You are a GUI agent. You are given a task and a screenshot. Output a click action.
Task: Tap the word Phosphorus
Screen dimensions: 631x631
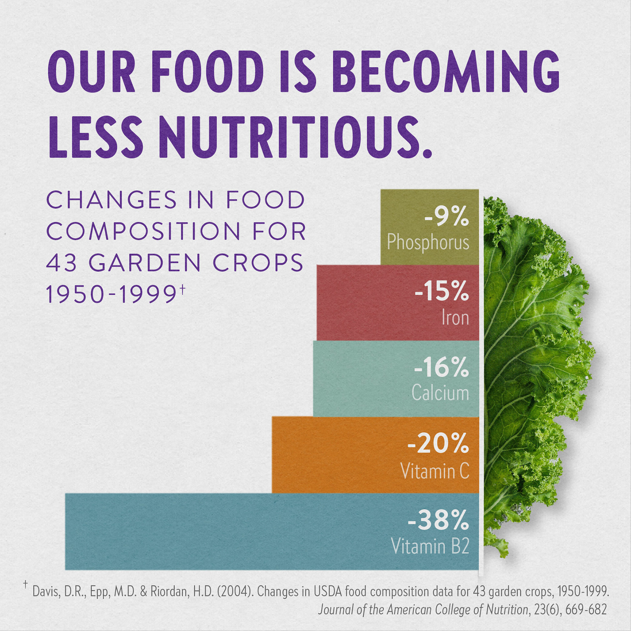coord(428,243)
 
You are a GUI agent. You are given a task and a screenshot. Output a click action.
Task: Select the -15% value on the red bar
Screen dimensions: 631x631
coord(441,292)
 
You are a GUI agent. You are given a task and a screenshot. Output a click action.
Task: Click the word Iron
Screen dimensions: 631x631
coord(455,318)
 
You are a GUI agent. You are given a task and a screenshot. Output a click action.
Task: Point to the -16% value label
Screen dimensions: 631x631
coord(441,367)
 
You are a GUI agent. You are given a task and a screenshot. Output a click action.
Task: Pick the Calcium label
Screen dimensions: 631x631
coord(440,393)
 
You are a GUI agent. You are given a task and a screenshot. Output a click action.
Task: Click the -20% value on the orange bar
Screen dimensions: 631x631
coord(438,443)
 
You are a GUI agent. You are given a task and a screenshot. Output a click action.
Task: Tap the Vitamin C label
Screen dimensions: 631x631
coord(434,471)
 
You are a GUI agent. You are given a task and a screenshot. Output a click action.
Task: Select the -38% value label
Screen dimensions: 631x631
coord(438,520)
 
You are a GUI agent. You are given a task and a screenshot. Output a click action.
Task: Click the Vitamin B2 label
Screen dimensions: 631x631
coord(430,547)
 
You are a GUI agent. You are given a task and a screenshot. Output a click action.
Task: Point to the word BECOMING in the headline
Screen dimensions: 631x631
coord(446,72)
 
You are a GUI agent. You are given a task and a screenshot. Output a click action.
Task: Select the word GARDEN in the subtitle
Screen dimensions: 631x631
coord(145,263)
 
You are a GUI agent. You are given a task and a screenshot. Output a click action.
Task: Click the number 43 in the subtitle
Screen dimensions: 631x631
coord(61,263)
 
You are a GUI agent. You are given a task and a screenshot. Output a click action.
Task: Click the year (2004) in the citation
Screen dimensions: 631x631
coord(235,592)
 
